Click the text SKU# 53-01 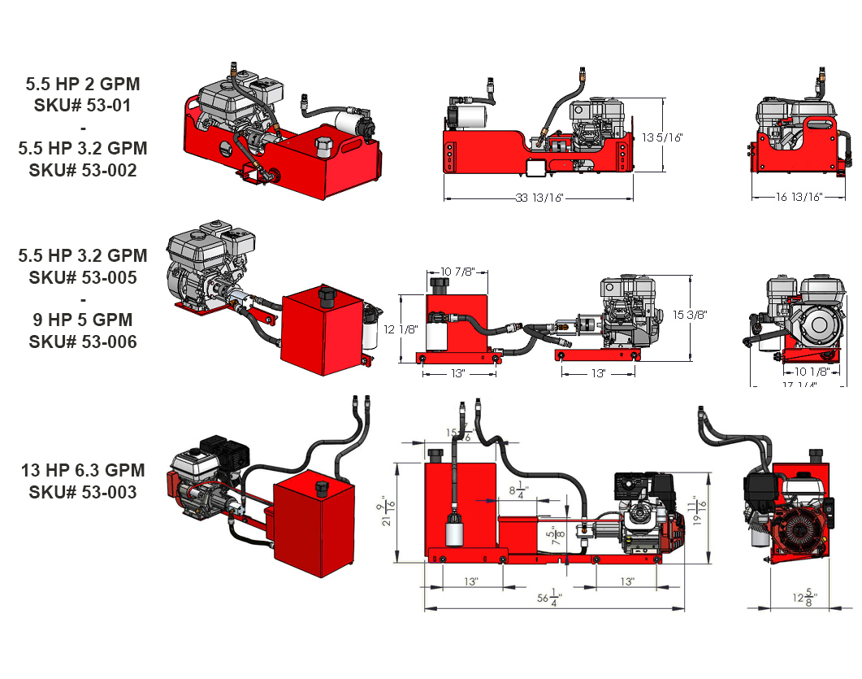[x=82, y=105]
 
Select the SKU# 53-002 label [x=82, y=170]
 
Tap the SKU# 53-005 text [x=82, y=277]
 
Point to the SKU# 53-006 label [x=82, y=342]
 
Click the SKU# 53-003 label [x=82, y=492]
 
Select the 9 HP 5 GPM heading [x=82, y=320]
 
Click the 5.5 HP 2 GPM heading [x=82, y=84]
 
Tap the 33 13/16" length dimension [x=539, y=198]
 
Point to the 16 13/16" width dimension [x=787, y=197]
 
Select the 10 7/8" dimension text [x=458, y=271]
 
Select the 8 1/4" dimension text [x=518, y=490]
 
